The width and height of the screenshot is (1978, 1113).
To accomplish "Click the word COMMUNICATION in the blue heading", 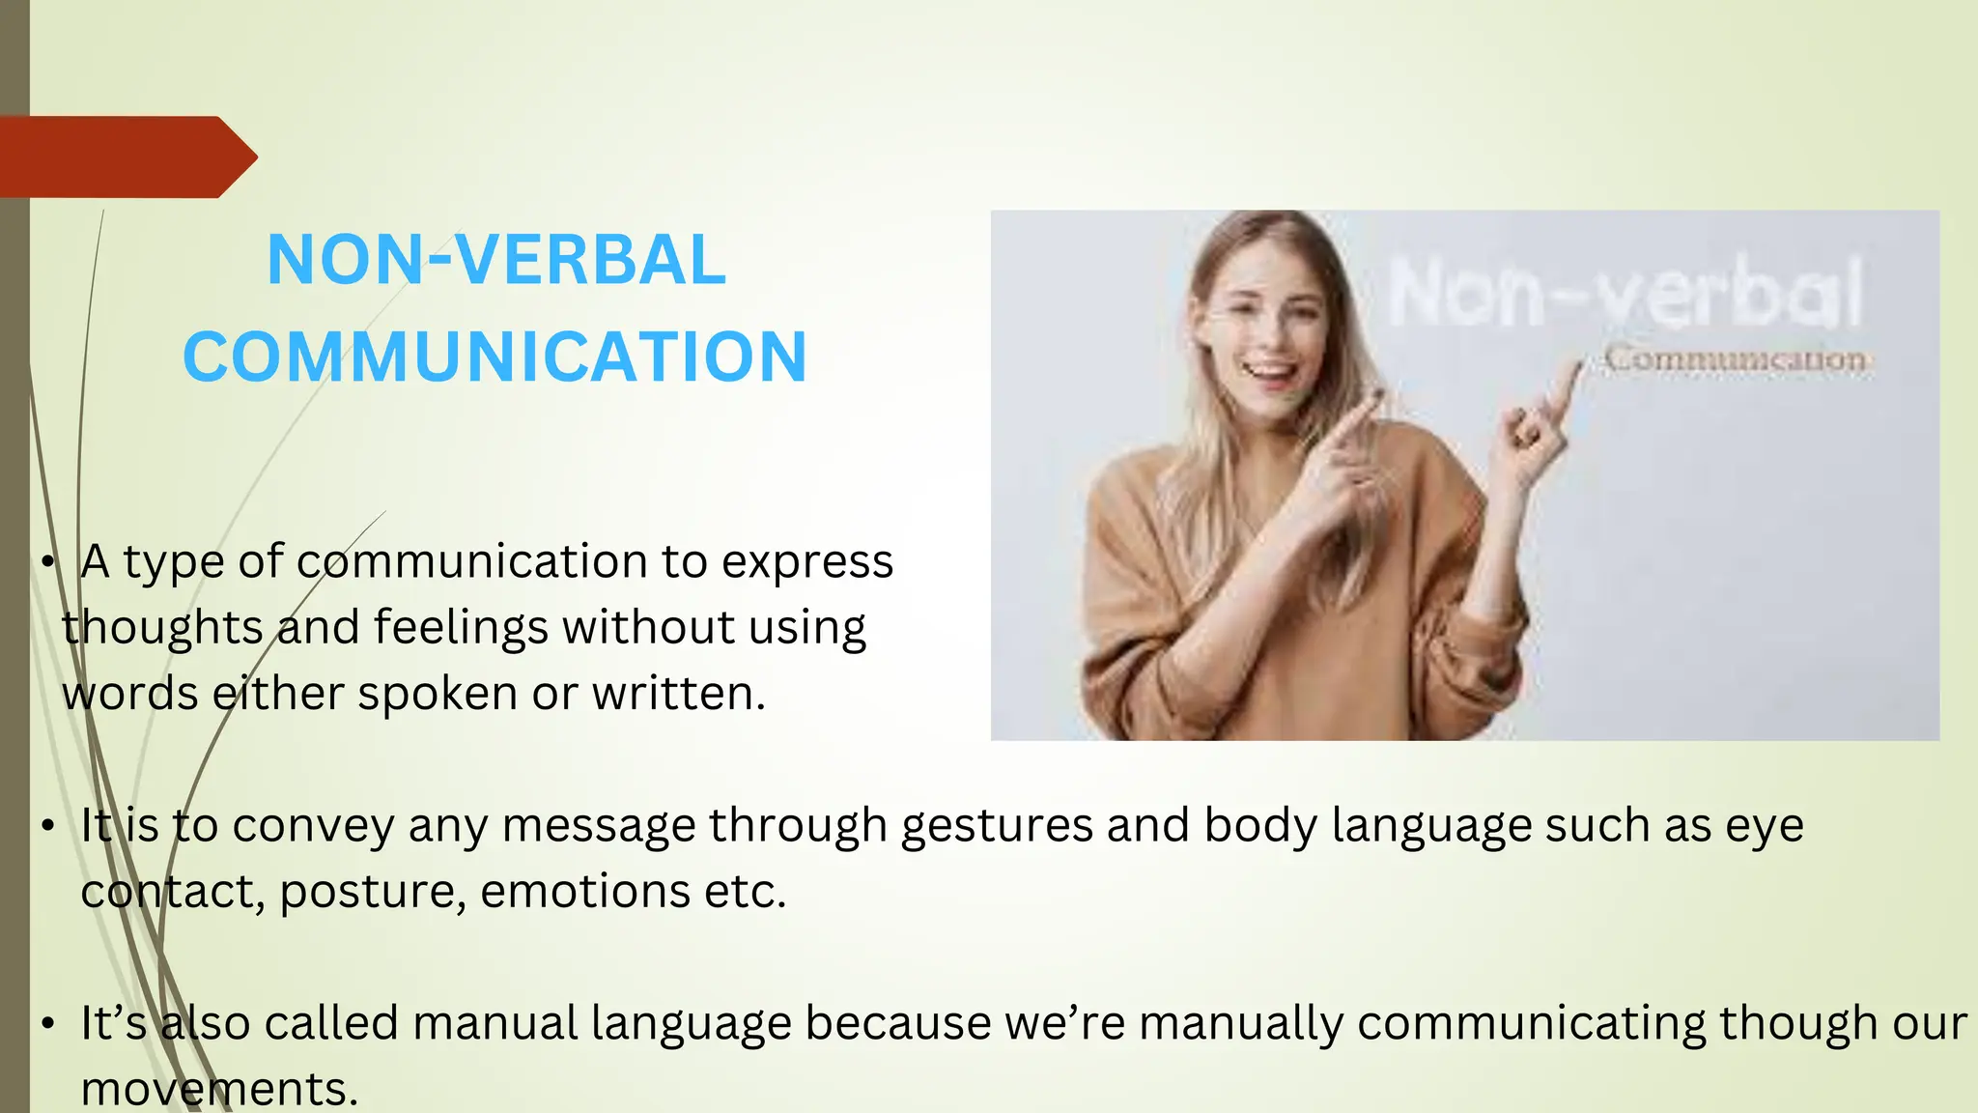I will [x=494, y=357].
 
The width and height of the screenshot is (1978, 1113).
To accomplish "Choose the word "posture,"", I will [x=373, y=892].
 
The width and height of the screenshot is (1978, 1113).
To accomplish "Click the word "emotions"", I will [x=585, y=892].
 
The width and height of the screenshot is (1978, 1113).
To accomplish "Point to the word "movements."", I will [x=219, y=1090].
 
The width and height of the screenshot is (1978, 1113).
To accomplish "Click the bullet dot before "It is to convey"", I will [x=47, y=826].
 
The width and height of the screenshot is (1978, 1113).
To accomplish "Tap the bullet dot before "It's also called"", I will [x=47, y=1023].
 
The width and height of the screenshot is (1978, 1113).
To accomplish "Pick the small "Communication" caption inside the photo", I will [x=1736, y=359].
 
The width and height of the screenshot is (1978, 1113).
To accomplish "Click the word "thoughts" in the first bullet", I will [x=162, y=628].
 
